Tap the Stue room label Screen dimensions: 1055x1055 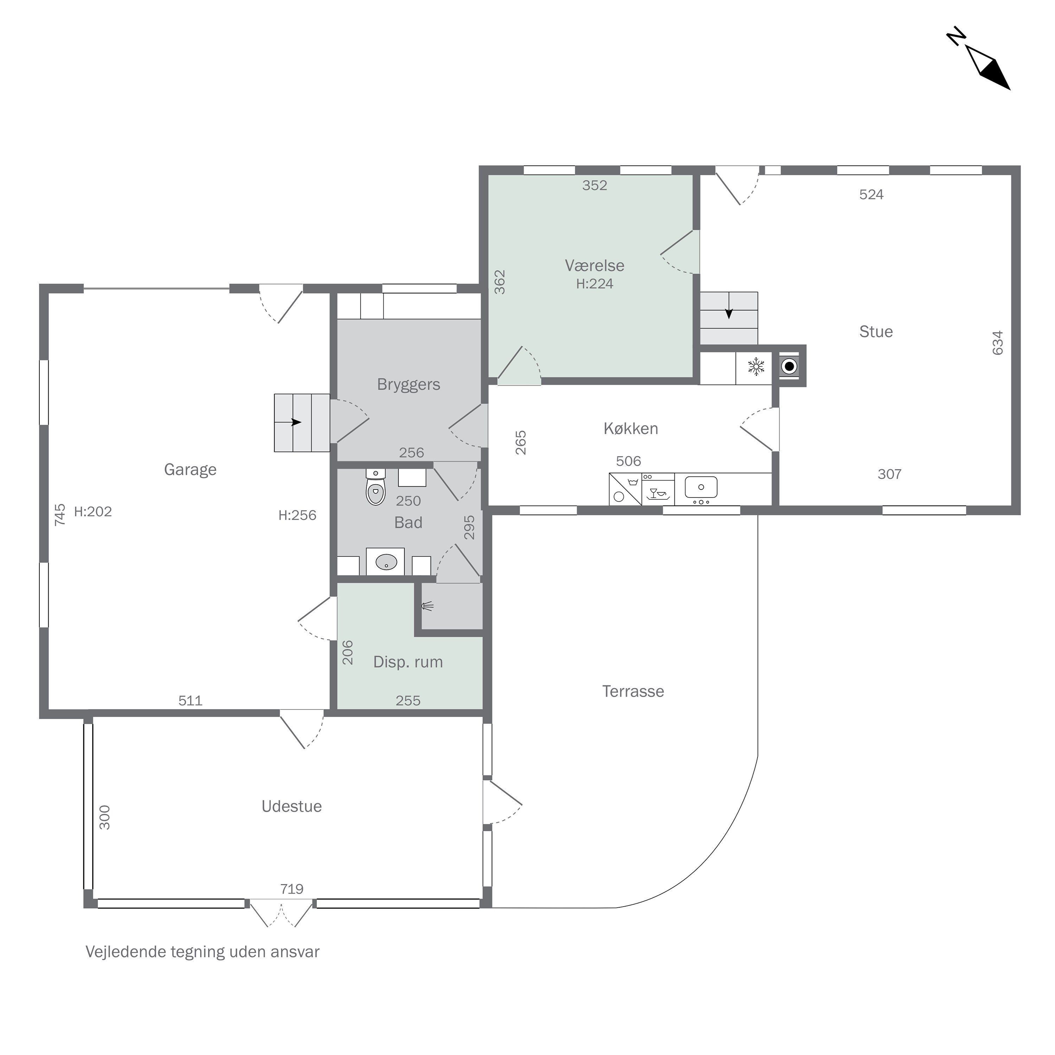(x=876, y=332)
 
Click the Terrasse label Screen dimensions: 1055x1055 (x=633, y=691)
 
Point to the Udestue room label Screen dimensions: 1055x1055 (x=292, y=806)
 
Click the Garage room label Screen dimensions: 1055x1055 (x=190, y=469)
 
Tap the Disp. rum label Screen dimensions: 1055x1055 (x=408, y=662)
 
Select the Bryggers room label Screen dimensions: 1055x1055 (x=408, y=384)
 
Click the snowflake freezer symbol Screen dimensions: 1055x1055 (x=756, y=367)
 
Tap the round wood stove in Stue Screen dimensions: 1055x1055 (x=789, y=366)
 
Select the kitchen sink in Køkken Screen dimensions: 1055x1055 (x=701, y=487)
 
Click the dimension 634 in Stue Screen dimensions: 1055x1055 (x=998, y=343)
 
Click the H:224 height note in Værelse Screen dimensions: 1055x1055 (x=595, y=283)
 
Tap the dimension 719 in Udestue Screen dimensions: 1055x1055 (x=292, y=889)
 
